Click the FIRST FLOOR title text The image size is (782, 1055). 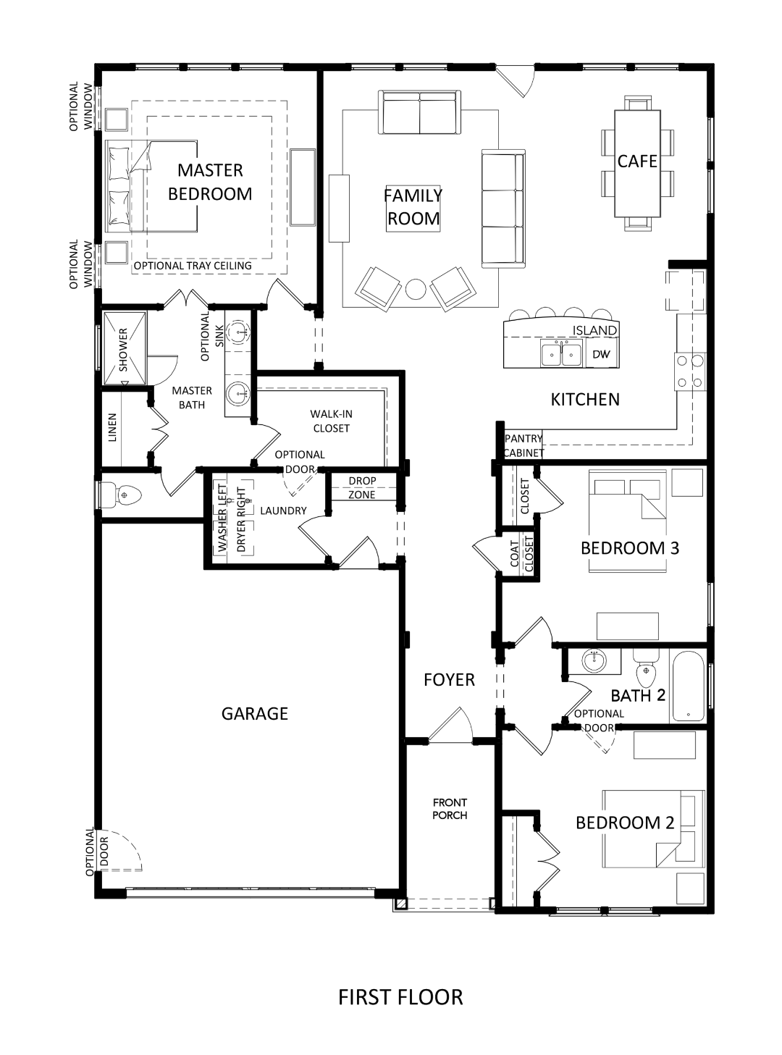coord(400,997)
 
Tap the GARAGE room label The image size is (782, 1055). coord(255,713)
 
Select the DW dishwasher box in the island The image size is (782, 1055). coord(601,354)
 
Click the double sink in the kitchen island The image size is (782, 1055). coord(561,353)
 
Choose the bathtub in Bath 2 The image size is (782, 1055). coord(688,686)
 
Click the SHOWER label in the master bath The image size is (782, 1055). coord(123,350)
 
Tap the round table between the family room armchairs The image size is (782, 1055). coord(416,289)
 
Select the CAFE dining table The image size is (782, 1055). coord(637,163)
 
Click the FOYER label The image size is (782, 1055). coord(449,680)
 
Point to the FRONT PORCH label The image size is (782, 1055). coord(450,809)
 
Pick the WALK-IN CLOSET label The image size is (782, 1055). coord(332,421)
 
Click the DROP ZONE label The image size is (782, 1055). coord(362,487)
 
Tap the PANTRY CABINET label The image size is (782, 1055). coord(524,446)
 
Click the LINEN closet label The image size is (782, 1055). coord(112,427)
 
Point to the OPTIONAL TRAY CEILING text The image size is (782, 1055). coord(193,266)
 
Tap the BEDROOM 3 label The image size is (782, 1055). coord(630,548)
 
